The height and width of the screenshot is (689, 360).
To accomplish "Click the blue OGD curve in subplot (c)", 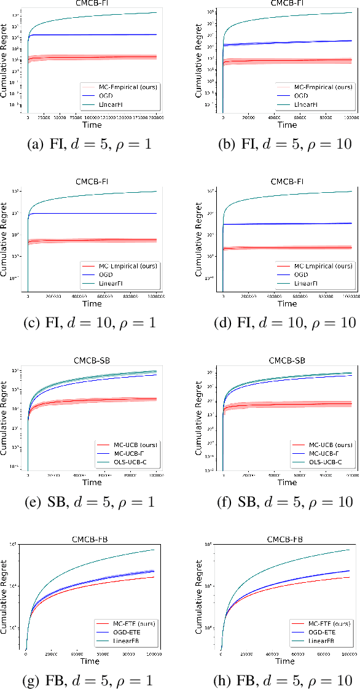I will point(92,213).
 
